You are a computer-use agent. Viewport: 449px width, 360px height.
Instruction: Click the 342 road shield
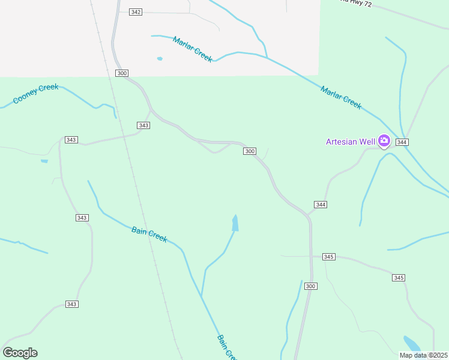[136, 12]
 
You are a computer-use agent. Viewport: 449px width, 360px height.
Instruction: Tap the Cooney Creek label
[36, 93]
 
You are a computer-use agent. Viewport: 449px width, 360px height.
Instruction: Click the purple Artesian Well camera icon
[384, 142]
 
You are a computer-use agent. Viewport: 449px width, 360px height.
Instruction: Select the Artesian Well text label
[351, 142]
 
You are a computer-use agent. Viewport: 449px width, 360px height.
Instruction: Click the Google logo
[20, 353]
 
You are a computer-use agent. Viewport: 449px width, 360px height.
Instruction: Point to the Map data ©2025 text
[423, 355]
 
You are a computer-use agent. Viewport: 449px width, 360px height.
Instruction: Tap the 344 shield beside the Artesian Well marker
[402, 142]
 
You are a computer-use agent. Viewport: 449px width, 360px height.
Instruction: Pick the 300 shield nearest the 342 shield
[122, 73]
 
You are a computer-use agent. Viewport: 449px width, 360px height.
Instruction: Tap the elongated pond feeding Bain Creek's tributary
[235, 223]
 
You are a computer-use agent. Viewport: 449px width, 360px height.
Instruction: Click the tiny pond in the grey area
[160, 59]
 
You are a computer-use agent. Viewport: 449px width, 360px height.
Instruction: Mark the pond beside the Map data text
[412, 343]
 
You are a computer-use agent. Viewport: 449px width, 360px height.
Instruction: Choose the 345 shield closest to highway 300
[328, 257]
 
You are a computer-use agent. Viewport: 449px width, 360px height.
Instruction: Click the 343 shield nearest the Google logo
[71, 304]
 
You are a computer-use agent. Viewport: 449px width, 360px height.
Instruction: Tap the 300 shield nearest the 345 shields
[310, 286]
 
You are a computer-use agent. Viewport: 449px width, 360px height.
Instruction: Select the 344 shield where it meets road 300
[321, 205]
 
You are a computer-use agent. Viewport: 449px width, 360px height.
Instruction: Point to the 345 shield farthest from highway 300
[399, 278]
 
